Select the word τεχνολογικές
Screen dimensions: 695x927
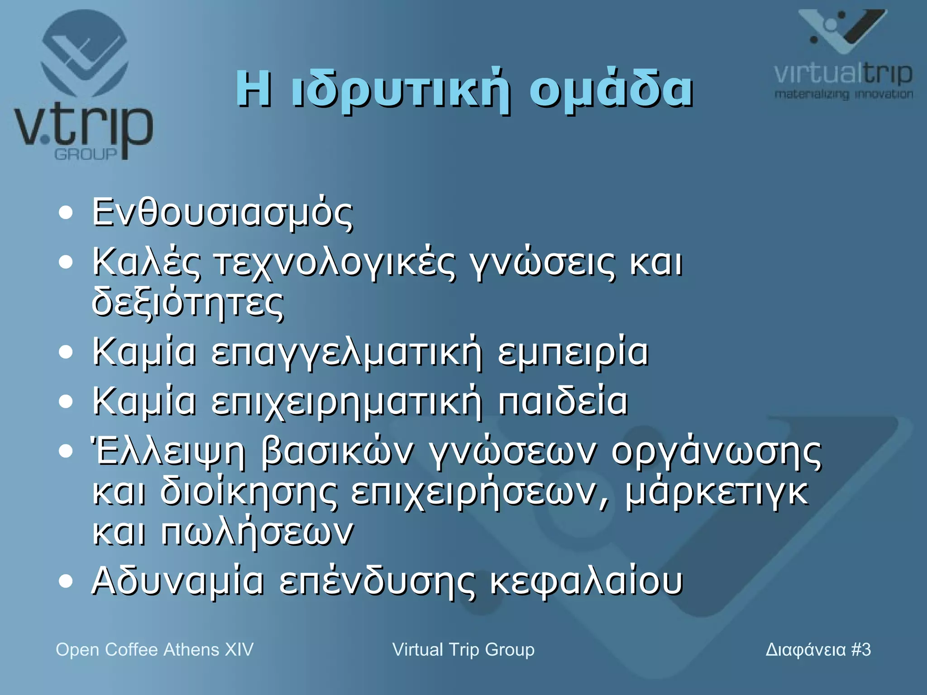coord(335,263)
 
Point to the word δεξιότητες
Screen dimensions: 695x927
coord(188,303)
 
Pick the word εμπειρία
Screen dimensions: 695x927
coord(573,352)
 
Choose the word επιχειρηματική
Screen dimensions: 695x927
coord(347,402)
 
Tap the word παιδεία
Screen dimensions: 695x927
coord(563,401)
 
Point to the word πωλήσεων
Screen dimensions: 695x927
coord(257,532)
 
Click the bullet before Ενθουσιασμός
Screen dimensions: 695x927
coord(66,213)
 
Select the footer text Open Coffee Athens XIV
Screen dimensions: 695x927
coord(154,650)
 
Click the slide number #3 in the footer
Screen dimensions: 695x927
coord(860,650)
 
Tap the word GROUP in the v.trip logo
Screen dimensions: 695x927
coord(86,154)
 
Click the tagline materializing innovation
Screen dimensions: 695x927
coord(843,95)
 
